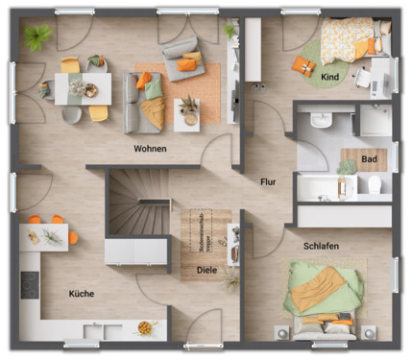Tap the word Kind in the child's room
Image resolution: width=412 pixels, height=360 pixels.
click(329, 76)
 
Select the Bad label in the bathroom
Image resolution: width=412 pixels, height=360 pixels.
click(368, 158)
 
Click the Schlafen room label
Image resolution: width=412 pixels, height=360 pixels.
click(321, 247)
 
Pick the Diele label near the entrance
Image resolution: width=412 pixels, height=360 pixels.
click(206, 271)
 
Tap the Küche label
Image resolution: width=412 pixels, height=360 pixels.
click(82, 294)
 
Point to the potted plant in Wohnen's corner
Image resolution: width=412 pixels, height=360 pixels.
click(38, 38)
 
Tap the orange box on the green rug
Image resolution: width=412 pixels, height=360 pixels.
click(303, 64)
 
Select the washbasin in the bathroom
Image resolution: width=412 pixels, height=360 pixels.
click(321, 119)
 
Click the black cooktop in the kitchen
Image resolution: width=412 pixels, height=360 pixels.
click(29, 284)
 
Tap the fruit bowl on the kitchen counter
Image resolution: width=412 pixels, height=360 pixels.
click(144, 327)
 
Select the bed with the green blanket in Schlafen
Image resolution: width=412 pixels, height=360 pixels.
click(322, 298)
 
